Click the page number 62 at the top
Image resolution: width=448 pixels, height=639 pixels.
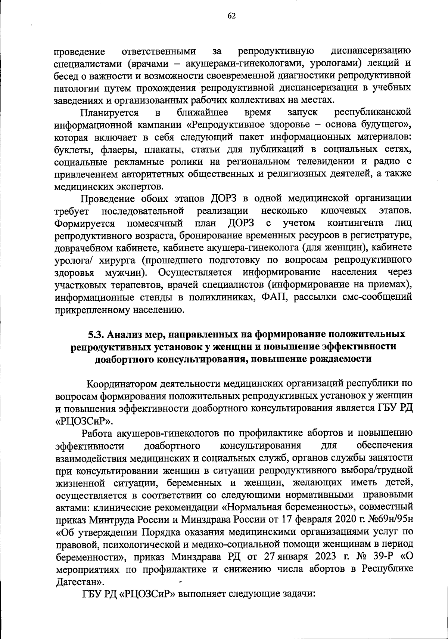(231, 15)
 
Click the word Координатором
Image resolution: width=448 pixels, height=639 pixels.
(121, 384)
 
